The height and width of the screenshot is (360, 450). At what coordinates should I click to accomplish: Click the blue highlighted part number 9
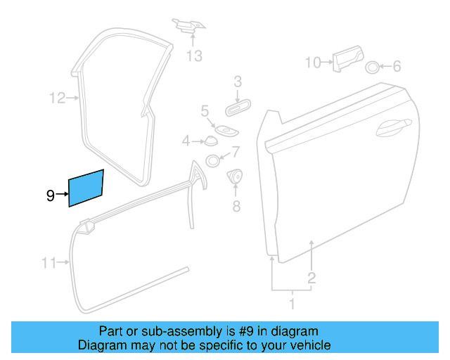click(86, 188)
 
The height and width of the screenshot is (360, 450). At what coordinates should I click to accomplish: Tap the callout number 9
click(51, 195)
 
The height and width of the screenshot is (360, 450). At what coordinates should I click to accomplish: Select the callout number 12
click(57, 98)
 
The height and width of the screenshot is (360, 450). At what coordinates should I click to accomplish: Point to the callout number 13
click(194, 56)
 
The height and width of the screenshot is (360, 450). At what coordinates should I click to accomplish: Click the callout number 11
click(48, 264)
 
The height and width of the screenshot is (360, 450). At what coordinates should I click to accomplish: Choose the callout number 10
click(312, 63)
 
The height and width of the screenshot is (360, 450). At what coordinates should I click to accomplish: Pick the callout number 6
click(397, 67)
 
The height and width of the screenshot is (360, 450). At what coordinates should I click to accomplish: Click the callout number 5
click(205, 110)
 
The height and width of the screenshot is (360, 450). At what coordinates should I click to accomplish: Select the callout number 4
click(186, 141)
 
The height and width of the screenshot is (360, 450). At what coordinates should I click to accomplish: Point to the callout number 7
click(236, 150)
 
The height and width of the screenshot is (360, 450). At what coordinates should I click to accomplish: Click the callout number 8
click(236, 206)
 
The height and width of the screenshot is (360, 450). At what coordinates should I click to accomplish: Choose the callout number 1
click(292, 304)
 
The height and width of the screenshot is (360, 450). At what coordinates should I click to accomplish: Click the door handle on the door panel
click(392, 127)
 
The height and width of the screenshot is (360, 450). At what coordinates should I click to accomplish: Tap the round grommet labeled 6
click(372, 67)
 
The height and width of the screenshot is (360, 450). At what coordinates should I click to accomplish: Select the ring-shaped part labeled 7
click(212, 161)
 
